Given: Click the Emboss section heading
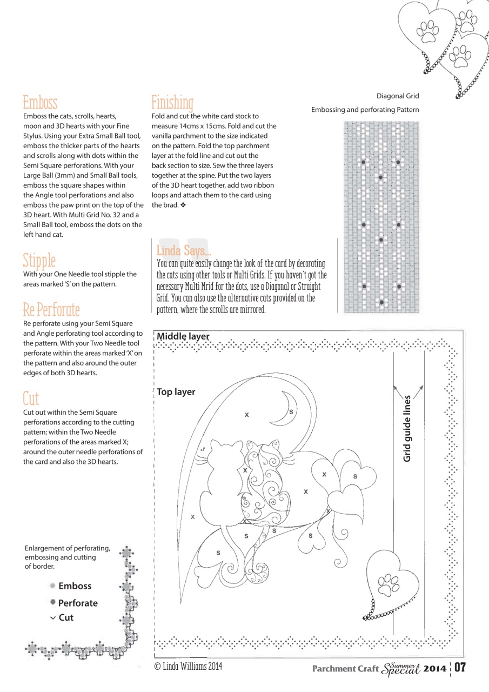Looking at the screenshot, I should (40, 102).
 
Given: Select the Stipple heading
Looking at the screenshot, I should (39, 260).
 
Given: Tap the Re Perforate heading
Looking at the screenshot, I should (51, 310).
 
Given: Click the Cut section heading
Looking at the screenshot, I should (31, 399).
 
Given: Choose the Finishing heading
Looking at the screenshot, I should (172, 102).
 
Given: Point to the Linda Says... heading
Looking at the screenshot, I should (183, 251).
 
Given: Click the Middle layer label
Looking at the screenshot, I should (183, 336).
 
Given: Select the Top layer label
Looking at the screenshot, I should (176, 392).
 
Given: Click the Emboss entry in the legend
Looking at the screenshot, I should (75, 586).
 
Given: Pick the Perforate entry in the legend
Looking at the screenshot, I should (78, 603).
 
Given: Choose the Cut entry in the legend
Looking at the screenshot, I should (65, 617).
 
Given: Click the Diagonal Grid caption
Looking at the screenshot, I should (398, 96).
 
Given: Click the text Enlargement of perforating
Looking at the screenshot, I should (68, 548).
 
